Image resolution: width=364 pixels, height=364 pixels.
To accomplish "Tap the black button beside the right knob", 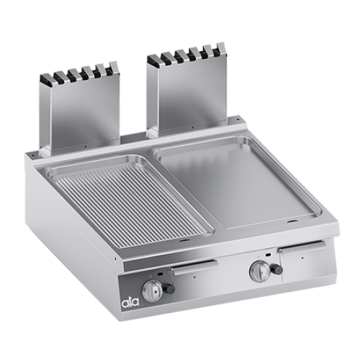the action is (x=278, y=269).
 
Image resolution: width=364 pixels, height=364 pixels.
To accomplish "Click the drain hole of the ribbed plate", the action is (x=184, y=241).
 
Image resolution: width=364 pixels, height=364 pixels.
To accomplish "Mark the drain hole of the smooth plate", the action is (x=293, y=221).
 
